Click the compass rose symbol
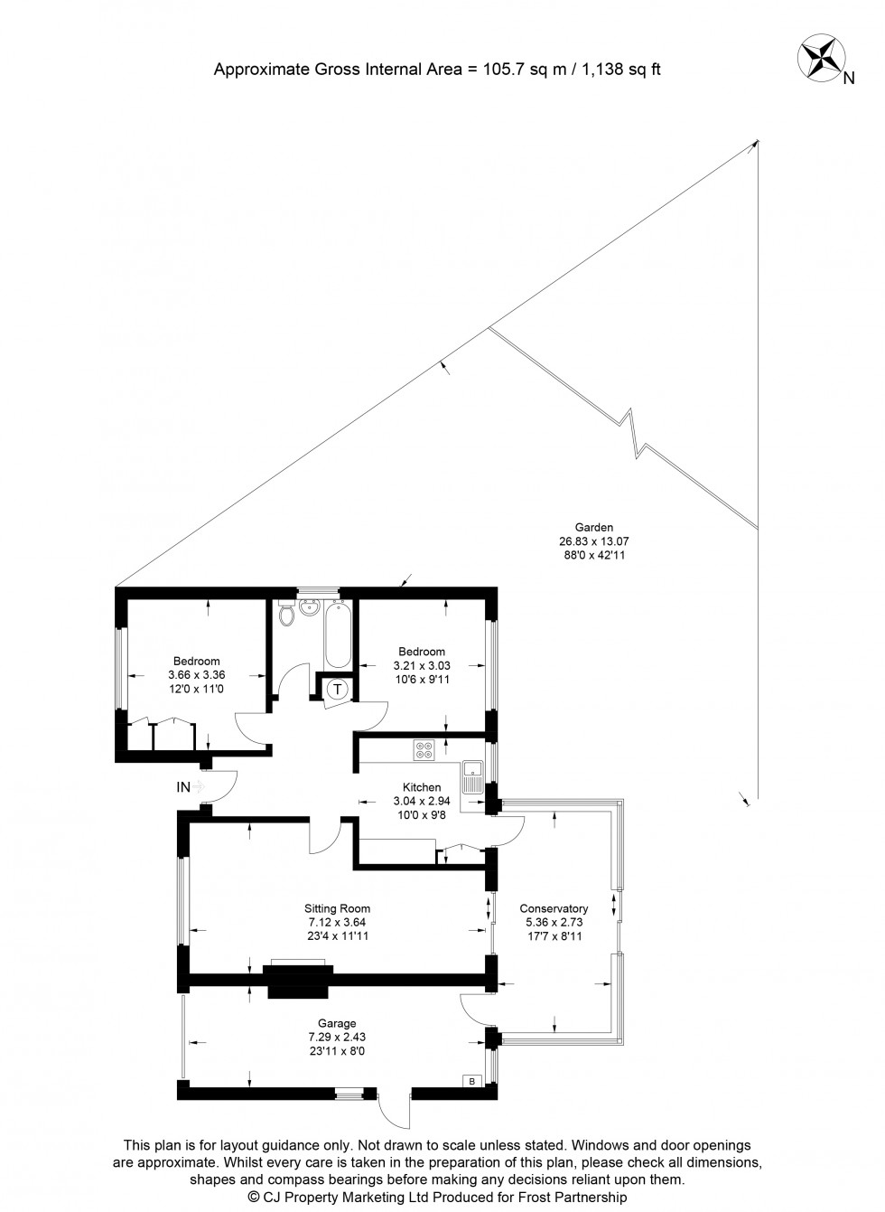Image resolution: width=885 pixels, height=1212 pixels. click(819, 57)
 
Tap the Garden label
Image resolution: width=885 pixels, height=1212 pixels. click(594, 528)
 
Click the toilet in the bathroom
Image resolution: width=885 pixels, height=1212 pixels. click(287, 615)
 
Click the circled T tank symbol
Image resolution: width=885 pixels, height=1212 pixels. click(338, 689)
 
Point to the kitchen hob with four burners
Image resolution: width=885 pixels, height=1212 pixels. click(424, 749)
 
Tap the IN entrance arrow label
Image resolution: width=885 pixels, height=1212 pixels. click(185, 787)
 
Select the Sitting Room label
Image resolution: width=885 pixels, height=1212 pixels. click(337, 909)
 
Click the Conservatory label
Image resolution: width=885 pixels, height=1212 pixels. click(554, 909)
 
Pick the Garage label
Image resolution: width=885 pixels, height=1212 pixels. click(336, 1024)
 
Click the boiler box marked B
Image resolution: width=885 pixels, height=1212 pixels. click(470, 1081)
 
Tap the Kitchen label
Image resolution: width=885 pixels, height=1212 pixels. click(422, 787)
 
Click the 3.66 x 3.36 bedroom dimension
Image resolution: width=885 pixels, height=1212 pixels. click(196, 674)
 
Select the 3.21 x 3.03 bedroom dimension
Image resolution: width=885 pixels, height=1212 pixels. click(422, 665)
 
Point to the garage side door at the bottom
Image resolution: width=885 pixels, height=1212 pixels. click(394, 1108)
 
